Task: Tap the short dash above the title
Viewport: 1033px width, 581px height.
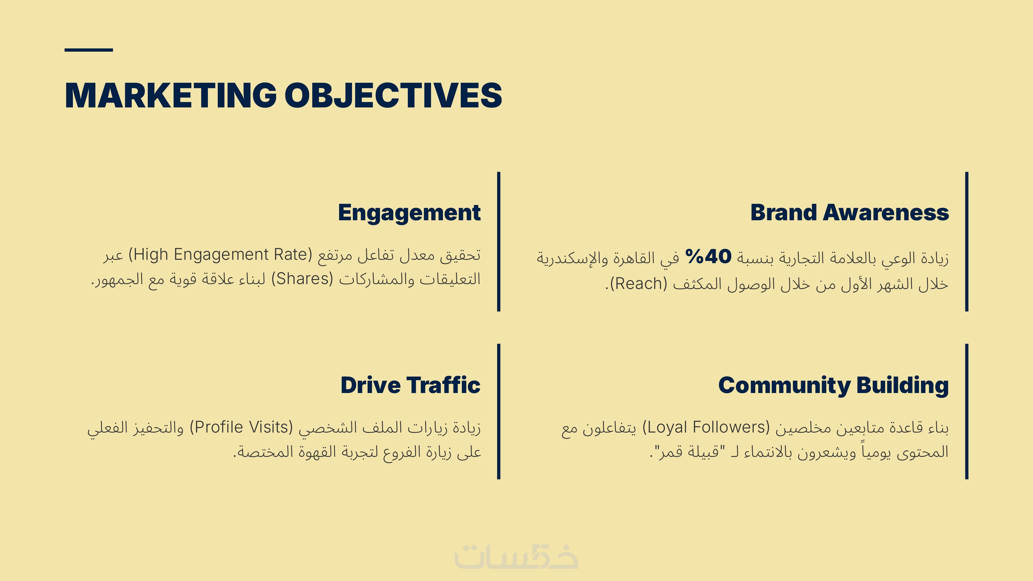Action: pyautogui.click(x=89, y=50)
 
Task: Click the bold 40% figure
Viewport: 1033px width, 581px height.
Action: pyautogui.click(x=709, y=257)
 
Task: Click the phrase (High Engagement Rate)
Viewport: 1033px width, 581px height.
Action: pyautogui.click(x=220, y=255)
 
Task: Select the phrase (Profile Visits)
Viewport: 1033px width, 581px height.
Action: pyautogui.click(x=241, y=427)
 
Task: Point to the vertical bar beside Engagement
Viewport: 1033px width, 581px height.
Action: pyautogui.click(x=499, y=241)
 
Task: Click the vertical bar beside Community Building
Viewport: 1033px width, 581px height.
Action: pyautogui.click(x=967, y=411)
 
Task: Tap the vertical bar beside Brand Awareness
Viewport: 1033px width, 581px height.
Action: pyautogui.click(x=967, y=241)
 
